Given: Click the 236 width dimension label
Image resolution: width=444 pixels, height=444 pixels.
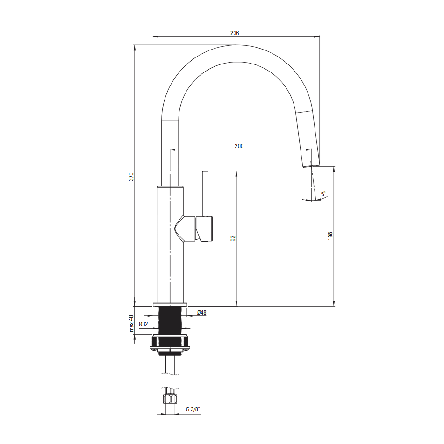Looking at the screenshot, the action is click(x=235, y=33).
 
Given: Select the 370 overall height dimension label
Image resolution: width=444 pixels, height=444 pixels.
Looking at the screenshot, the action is click(x=131, y=176).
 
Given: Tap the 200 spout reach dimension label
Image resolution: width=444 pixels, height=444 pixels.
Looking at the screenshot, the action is click(x=239, y=146).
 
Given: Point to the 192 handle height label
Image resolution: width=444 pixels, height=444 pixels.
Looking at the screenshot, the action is click(x=233, y=240).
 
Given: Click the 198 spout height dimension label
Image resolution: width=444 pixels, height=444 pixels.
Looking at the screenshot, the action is click(x=330, y=236).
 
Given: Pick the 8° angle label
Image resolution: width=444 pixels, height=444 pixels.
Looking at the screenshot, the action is click(x=323, y=193).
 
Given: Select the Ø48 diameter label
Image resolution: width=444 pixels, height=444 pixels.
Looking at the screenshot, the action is click(x=201, y=313).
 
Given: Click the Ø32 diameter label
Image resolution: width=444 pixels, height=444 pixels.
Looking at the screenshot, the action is click(x=143, y=324).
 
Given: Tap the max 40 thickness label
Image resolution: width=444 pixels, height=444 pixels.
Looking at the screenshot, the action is click(x=131, y=323).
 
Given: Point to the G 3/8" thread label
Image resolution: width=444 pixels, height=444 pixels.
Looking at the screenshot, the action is click(x=193, y=409).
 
